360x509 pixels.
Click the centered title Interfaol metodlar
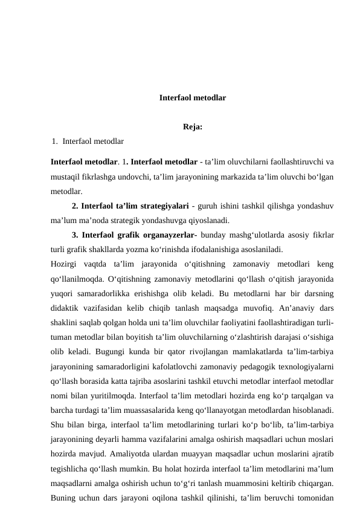(x=193, y=97)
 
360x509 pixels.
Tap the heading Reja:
(x=192, y=127)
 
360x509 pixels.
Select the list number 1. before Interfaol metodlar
(x=55, y=141)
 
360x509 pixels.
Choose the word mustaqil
(x=65, y=176)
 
